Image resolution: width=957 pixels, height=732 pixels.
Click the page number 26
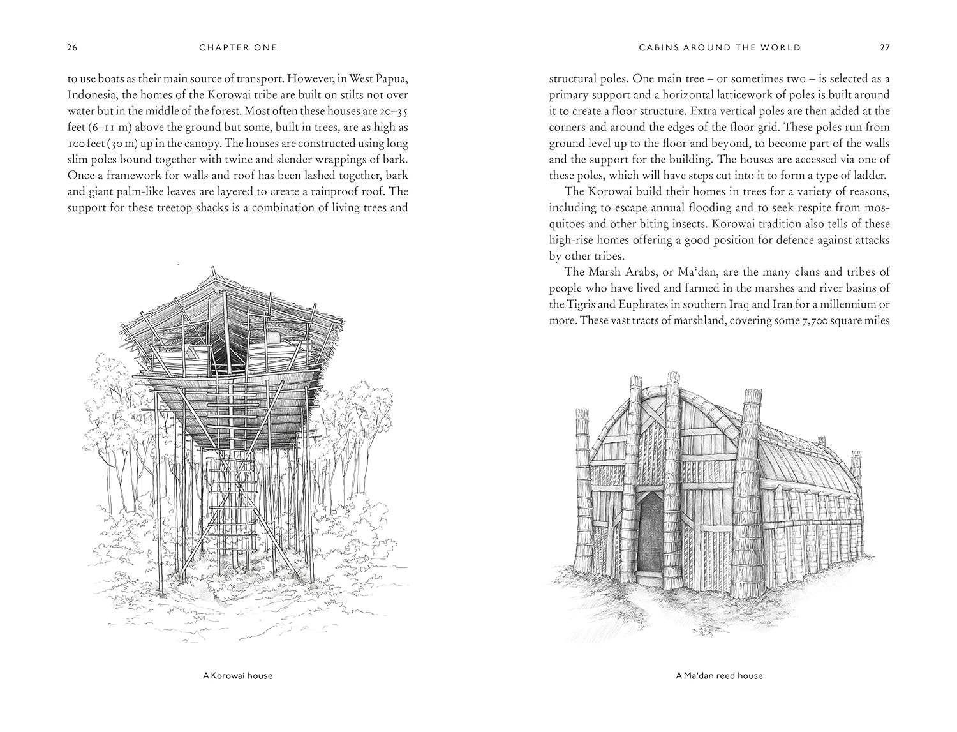pos(72,47)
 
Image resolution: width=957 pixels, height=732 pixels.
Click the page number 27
pos(885,47)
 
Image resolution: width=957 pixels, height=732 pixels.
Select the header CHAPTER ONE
pos(238,47)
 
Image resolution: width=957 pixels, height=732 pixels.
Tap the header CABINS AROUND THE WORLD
pos(720,47)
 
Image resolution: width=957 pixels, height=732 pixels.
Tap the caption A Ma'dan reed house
pos(719,675)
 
